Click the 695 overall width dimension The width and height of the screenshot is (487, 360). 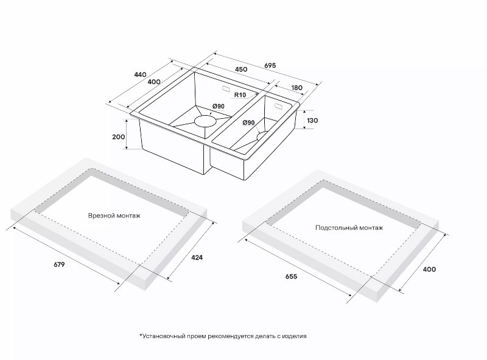click(x=270, y=66)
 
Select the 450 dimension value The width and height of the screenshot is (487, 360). click(x=241, y=69)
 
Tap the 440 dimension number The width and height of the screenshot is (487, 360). click(x=140, y=74)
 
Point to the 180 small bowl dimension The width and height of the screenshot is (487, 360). click(x=297, y=88)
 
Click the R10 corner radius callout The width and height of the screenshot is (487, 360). click(x=240, y=95)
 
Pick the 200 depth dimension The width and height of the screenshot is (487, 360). click(x=118, y=137)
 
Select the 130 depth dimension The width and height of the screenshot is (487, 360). click(x=312, y=121)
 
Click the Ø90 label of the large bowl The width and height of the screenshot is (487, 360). click(x=219, y=107)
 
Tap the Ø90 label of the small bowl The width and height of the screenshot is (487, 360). click(x=248, y=122)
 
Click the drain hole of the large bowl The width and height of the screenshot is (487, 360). click(x=205, y=121)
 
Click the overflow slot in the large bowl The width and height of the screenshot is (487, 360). click(x=226, y=88)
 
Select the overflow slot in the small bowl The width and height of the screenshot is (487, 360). click(x=278, y=107)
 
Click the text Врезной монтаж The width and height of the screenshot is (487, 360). click(x=114, y=216)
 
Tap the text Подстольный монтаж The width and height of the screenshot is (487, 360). click(x=349, y=228)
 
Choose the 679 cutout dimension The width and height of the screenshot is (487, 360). click(x=59, y=264)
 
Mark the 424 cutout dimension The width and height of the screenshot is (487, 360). click(x=197, y=258)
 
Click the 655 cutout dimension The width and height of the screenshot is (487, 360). click(x=292, y=276)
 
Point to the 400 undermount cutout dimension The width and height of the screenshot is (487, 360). click(x=429, y=269)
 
